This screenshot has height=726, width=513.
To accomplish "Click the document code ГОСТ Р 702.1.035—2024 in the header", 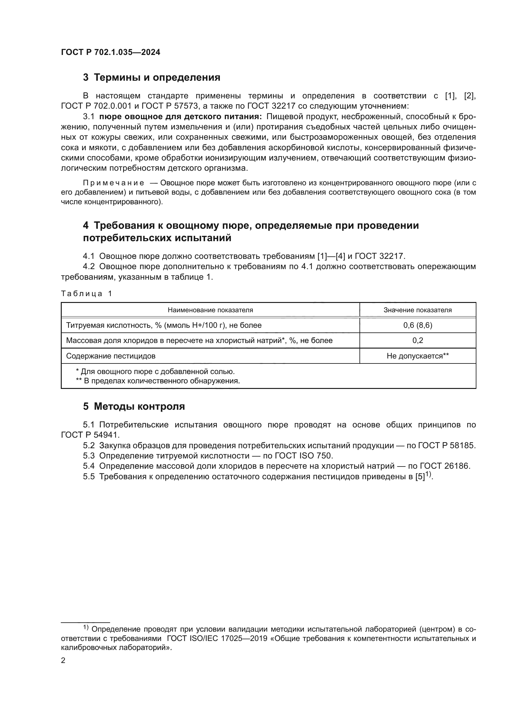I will (110, 52).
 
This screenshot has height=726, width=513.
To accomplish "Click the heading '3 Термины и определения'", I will (152, 78).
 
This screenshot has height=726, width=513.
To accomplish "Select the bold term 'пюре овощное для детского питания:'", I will (181, 117).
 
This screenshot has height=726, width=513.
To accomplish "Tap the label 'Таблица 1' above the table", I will (87, 293).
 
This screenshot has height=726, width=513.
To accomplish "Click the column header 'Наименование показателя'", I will (210, 310).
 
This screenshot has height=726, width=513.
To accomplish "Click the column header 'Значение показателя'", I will (417, 310).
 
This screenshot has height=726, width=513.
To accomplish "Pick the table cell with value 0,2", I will (417, 340).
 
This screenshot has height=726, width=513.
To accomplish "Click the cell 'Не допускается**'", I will (417, 356).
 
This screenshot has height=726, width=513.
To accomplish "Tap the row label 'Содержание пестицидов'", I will (110, 356).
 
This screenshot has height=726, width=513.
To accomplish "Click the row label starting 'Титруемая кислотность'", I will (164, 325).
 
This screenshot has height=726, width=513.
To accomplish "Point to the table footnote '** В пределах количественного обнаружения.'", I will (158, 381).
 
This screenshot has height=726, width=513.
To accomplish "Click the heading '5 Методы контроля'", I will (134, 406).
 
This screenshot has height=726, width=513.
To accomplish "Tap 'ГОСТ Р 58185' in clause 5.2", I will (446, 445).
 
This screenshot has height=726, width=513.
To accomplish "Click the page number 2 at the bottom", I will (63, 661).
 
